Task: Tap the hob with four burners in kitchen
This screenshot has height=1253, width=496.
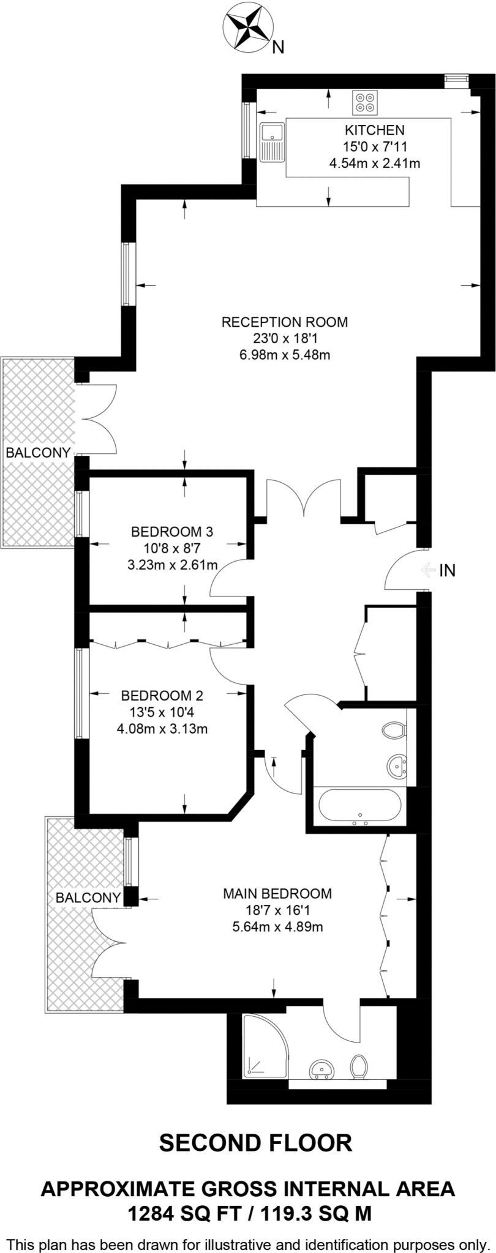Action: (x=366, y=102)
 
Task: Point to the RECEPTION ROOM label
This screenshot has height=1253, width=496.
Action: (x=284, y=322)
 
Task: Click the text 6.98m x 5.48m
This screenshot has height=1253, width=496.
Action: (x=284, y=354)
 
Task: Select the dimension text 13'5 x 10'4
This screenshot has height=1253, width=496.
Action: (x=162, y=712)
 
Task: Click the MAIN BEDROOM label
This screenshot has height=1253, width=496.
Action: (x=277, y=894)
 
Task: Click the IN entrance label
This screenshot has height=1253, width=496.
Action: (x=447, y=571)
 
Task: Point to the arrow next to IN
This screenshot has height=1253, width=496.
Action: (x=427, y=571)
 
